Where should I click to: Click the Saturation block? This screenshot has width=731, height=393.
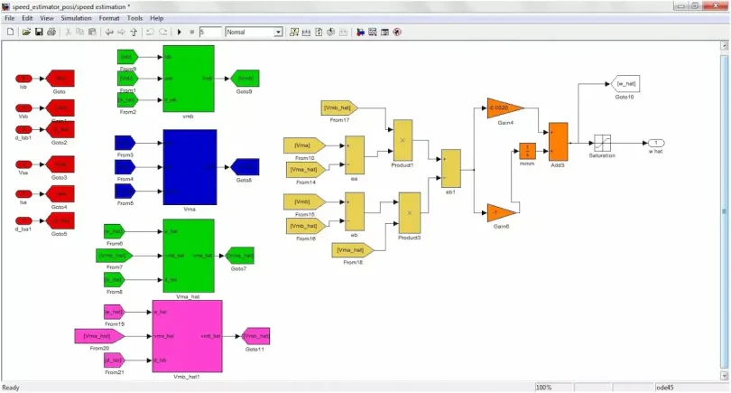(x=602, y=143)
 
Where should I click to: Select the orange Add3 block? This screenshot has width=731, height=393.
(x=558, y=141)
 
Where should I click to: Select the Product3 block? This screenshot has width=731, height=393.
(x=410, y=213)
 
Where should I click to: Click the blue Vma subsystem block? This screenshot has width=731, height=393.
(x=190, y=167)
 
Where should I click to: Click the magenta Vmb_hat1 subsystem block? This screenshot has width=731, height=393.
(x=187, y=335)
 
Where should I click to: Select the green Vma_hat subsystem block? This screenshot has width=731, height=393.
(x=189, y=256)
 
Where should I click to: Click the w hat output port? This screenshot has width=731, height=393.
(x=656, y=143)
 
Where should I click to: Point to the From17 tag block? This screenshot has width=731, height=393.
(x=340, y=108)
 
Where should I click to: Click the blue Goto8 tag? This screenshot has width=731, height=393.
(x=245, y=166)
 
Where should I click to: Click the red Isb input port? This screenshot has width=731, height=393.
(x=24, y=78)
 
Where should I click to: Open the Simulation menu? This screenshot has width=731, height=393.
(x=76, y=18)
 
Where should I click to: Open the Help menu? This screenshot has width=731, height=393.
(x=157, y=18)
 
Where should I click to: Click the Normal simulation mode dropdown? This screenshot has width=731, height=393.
(x=254, y=32)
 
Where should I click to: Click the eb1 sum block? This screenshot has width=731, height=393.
(x=450, y=168)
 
